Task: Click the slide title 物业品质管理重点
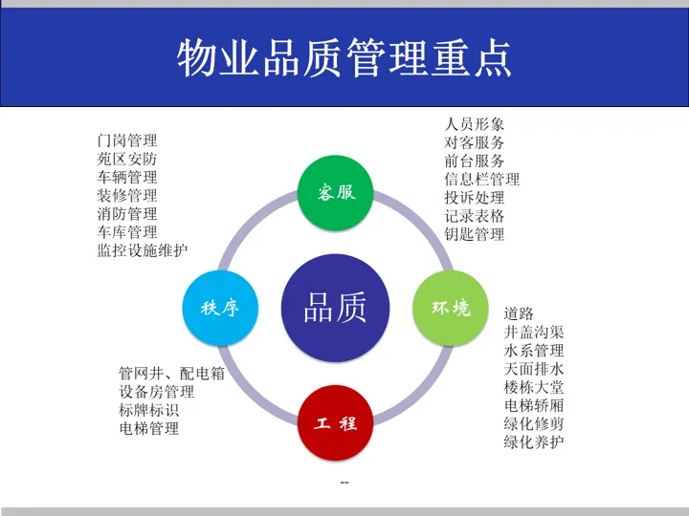(344, 58)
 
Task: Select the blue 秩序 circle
(220, 308)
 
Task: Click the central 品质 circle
(335, 308)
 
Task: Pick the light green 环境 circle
(451, 308)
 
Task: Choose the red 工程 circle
(336, 422)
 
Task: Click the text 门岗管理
(127, 140)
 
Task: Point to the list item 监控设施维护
(143, 250)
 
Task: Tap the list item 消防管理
(127, 214)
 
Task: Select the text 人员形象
(475, 124)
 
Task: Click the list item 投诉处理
(475, 198)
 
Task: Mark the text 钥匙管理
(475, 234)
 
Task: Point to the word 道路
(519, 313)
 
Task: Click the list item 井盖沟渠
(534, 332)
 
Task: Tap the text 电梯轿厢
(534, 405)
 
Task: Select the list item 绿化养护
(534, 441)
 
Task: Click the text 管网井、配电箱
(171, 374)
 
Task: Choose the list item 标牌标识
(148, 410)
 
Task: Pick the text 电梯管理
(148, 428)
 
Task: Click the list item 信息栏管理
(482, 180)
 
